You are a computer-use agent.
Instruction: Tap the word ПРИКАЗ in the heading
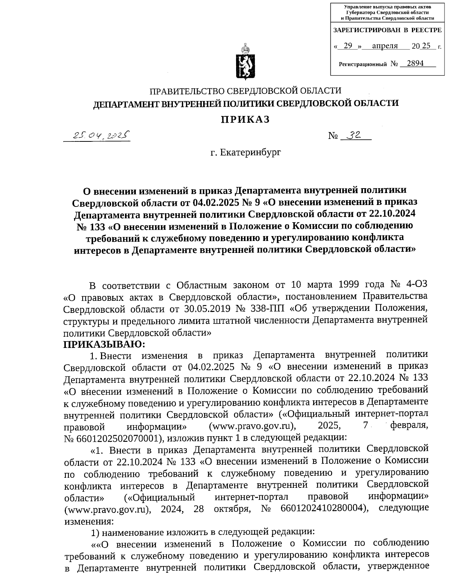[x=245, y=119]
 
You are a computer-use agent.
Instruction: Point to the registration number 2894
[x=415, y=63]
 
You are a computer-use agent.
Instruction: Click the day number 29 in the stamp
[x=348, y=46]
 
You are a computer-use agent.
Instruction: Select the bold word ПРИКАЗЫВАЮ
[x=101, y=344]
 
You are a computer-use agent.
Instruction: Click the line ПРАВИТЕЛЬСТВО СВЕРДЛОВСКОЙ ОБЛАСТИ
[x=245, y=91]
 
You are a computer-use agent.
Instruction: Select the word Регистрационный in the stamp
[x=362, y=64]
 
